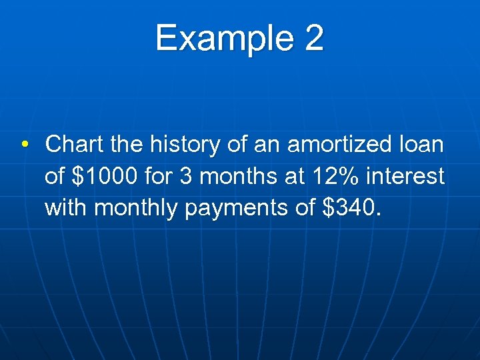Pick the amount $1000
click(103, 176)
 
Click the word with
click(67, 208)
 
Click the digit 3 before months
click(187, 176)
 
